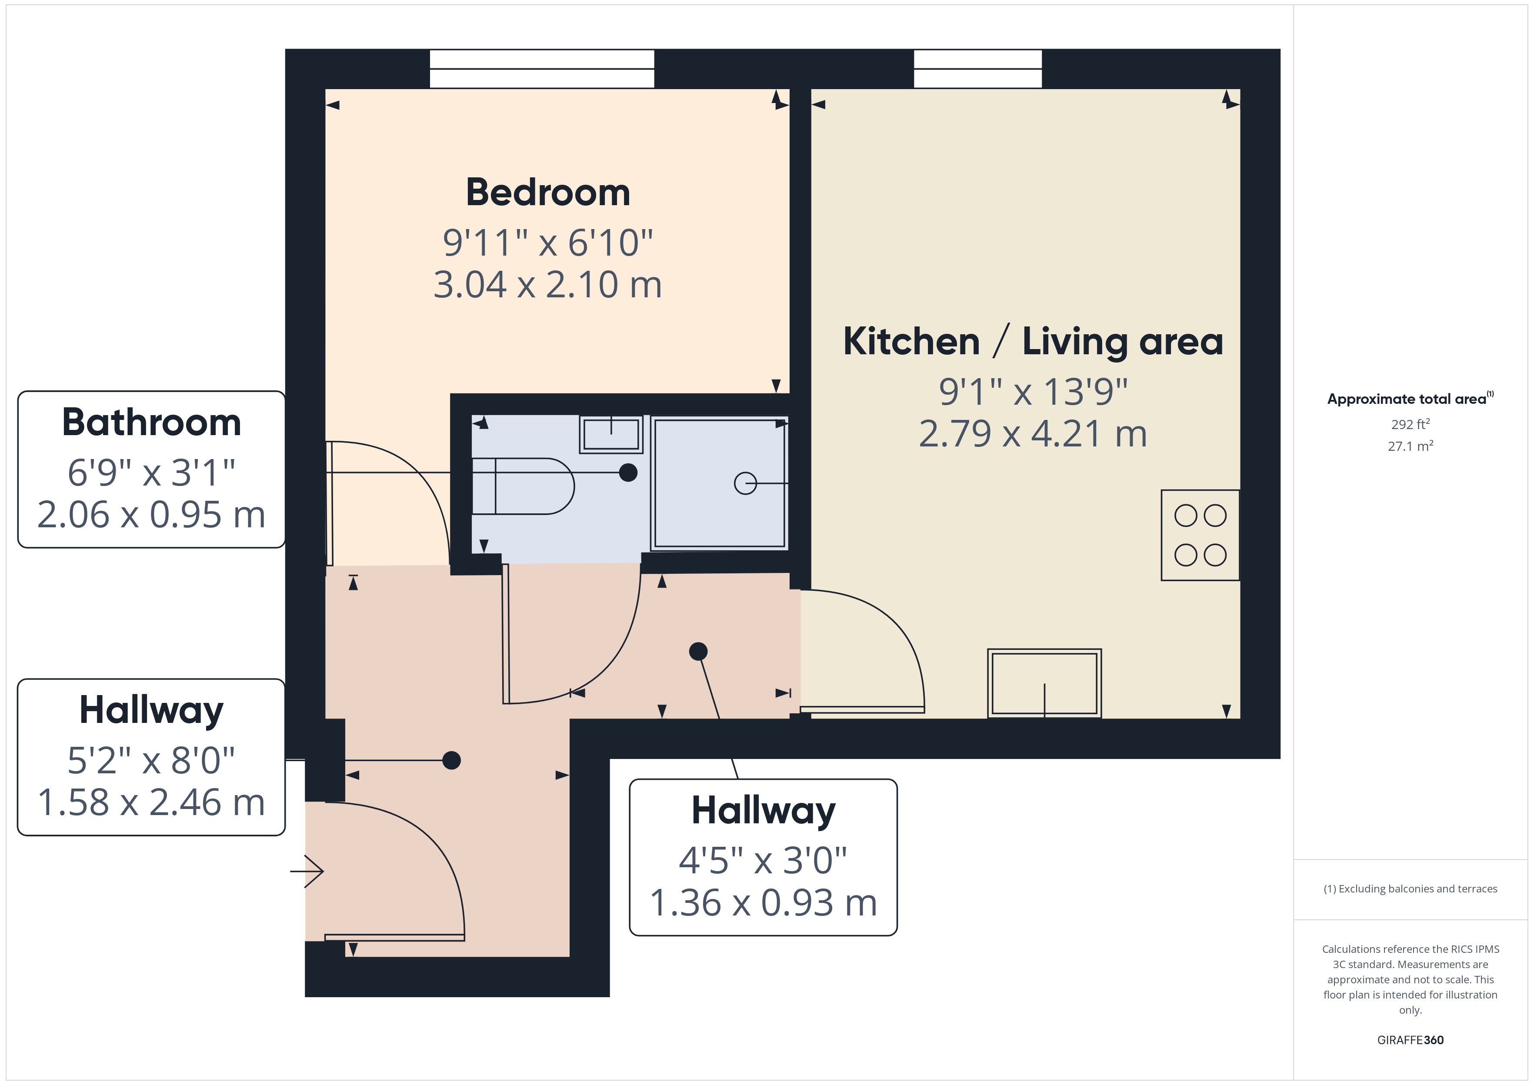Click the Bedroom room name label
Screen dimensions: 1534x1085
(x=548, y=193)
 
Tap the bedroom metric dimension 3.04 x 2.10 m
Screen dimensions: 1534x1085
(x=548, y=285)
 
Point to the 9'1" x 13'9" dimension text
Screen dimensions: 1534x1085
(x=1033, y=392)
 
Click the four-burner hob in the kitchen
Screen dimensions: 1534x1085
(x=1200, y=535)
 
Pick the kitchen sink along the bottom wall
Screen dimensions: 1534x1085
(x=1044, y=683)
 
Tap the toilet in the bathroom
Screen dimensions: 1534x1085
(x=523, y=486)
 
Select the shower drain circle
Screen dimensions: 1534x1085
(x=746, y=483)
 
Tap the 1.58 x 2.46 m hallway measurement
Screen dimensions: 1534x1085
(x=152, y=802)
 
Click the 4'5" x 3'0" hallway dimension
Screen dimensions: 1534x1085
(x=763, y=861)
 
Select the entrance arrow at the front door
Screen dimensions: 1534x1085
(x=307, y=871)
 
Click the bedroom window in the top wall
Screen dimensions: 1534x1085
(x=542, y=69)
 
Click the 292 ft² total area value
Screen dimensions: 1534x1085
(x=1411, y=424)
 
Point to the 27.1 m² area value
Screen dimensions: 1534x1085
(x=1411, y=446)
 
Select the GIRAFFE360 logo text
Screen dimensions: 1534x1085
(x=1411, y=1040)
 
